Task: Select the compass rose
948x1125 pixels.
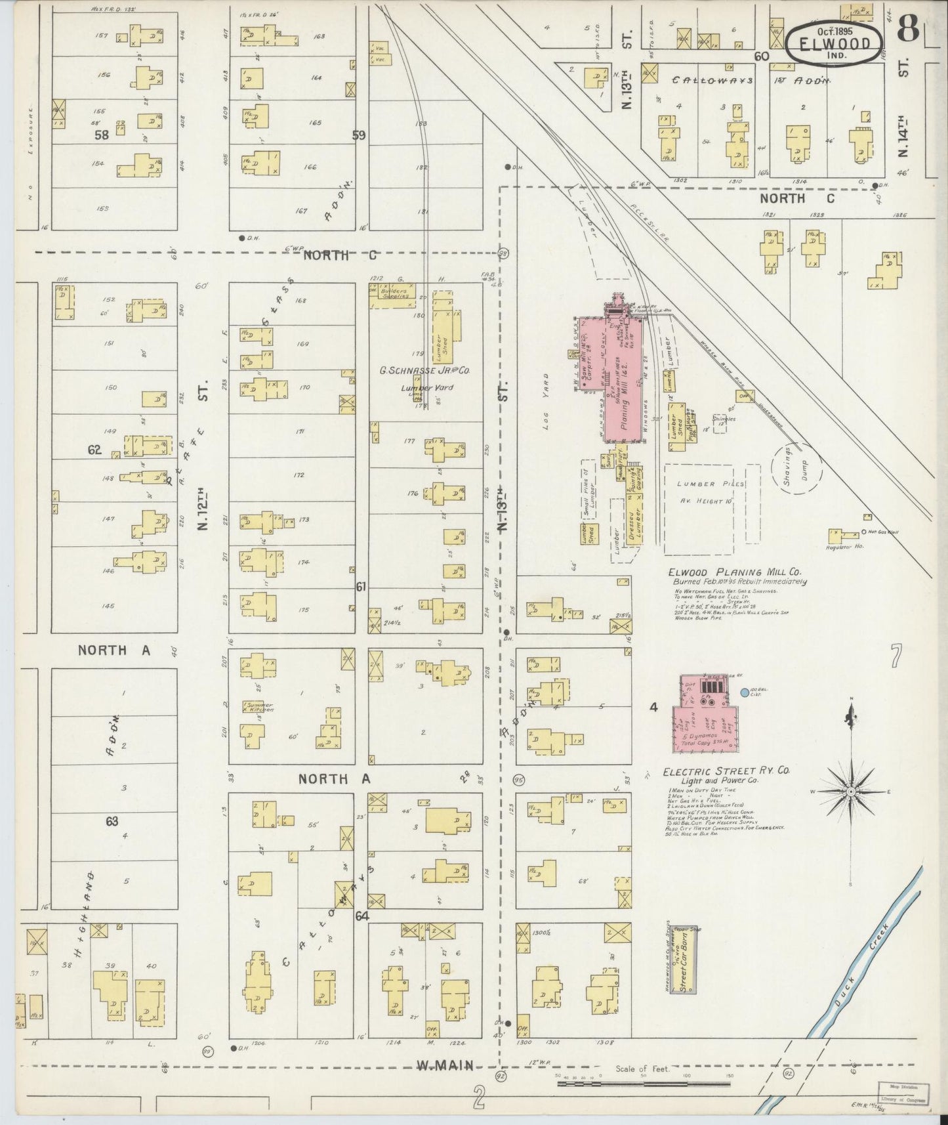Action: click(851, 792)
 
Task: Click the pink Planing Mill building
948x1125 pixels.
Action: click(620, 381)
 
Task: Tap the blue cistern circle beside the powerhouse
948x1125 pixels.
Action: click(744, 692)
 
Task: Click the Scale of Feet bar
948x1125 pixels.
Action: click(642, 1082)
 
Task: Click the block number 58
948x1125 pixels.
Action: click(101, 135)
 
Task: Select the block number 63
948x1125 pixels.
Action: click(112, 820)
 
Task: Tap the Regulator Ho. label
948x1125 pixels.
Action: click(843, 545)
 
